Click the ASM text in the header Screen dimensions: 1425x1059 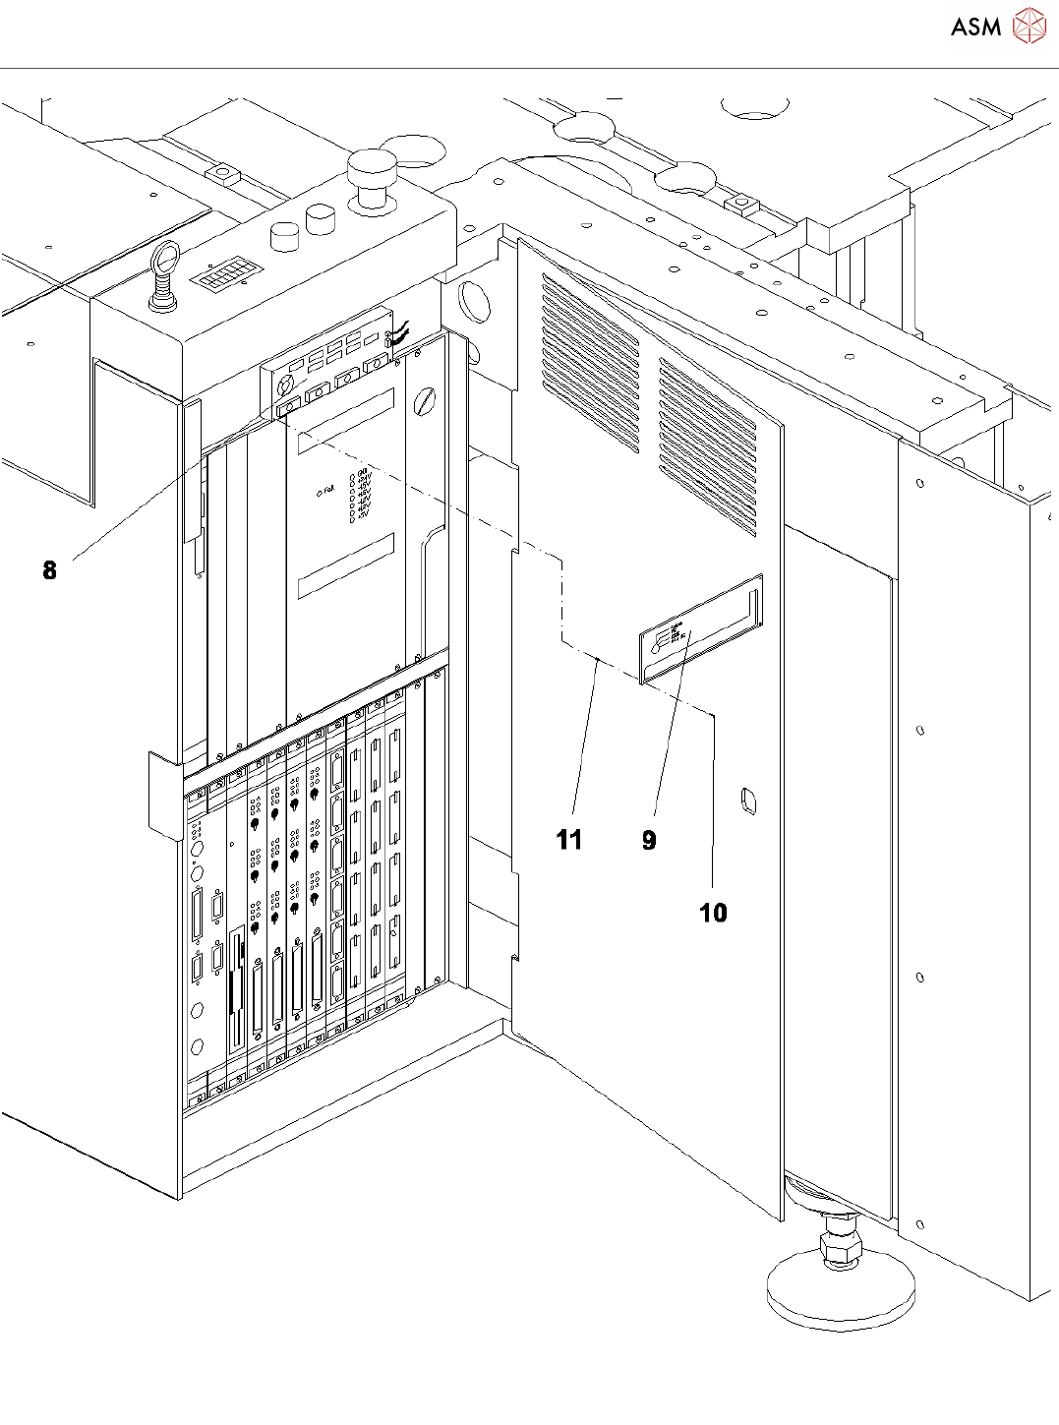pyautogui.click(x=975, y=27)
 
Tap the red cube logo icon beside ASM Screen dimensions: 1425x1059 pyautogui.click(x=1029, y=27)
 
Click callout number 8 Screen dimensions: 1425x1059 pyautogui.click(x=49, y=570)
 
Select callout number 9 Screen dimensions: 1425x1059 pyautogui.click(x=648, y=840)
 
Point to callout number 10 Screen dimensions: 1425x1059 pyautogui.click(x=713, y=913)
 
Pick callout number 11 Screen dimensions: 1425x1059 pyautogui.click(x=568, y=840)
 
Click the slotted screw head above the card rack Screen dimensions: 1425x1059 pyautogui.click(x=427, y=399)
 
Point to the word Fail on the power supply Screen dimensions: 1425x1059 pyautogui.click(x=328, y=490)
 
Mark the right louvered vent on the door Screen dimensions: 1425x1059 pyautogui.click(x=707, y=446)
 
